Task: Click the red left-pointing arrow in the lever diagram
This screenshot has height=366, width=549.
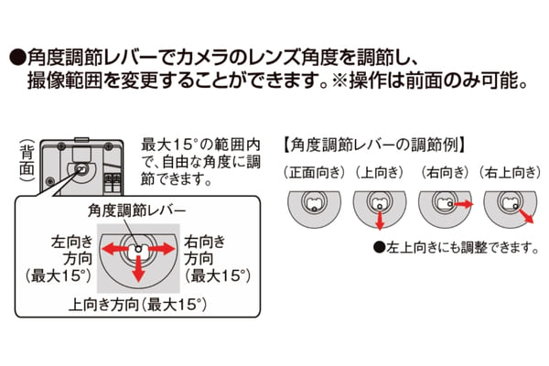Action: [114, 249]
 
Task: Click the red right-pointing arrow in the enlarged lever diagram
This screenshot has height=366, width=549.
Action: [162, 249]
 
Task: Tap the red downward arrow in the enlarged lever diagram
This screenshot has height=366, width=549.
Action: [139, 269]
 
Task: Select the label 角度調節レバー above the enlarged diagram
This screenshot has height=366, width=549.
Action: [136, 210]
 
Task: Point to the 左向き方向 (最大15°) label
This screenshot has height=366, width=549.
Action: [59, 259]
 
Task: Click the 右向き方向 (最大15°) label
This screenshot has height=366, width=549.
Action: [218, 259]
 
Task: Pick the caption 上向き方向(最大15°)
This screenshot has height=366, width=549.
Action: [137, 305]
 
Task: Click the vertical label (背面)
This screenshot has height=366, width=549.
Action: [27, 160]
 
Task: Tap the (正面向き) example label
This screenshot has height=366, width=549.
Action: [314, 172]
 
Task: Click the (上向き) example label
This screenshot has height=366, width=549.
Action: [380, 172]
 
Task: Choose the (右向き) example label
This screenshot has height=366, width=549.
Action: [445, 172]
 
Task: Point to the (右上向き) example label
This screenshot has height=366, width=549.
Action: [510, 172]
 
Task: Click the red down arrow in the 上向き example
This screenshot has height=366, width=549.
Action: [380, 221]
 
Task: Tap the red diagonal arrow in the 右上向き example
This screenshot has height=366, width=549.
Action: [526, 215]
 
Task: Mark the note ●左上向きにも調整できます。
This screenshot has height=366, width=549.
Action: [457, 248]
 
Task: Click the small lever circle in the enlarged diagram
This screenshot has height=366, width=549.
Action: [138, 249]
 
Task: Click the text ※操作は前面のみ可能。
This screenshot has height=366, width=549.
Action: [430, 81]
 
